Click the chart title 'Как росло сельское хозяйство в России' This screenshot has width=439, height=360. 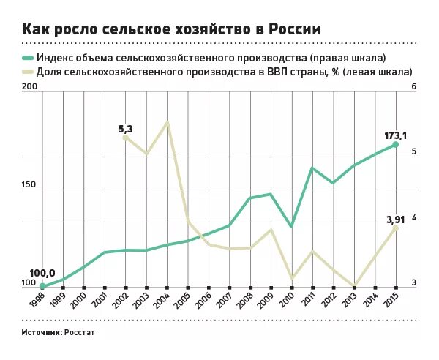point(171,29)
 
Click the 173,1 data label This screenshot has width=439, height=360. point(396,135)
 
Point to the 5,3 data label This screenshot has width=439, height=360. point(125,129)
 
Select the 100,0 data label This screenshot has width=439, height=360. point(42,272)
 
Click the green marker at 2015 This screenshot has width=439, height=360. point(396,145)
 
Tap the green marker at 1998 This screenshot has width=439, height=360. point(42,286)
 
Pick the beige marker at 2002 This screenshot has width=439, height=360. point(125,138)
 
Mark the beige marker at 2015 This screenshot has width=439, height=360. point(396,228)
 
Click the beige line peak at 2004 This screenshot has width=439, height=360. point(168,121)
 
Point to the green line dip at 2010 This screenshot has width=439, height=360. point(291,226)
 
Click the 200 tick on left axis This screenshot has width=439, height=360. point(29,87)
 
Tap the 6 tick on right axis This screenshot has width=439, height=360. point(413,87)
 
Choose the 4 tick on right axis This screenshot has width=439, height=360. point(413,217)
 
